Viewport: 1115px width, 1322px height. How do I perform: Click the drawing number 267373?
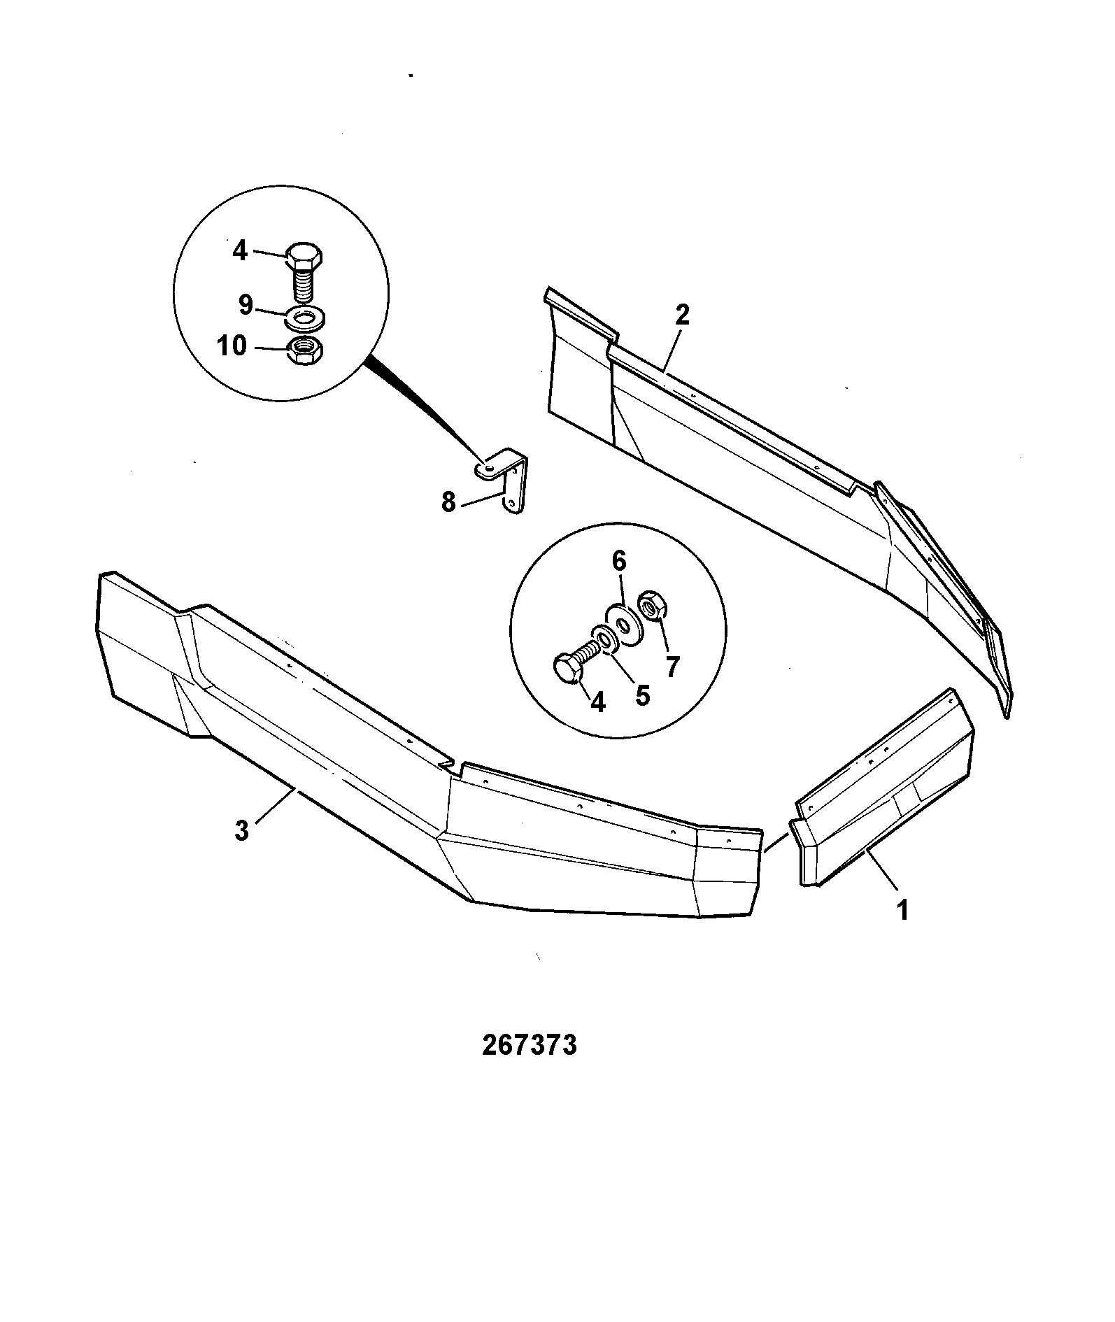pyautogui.click(x=529, y=1064)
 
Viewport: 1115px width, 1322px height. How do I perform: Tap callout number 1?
pyautogui.click(x=902, y=911)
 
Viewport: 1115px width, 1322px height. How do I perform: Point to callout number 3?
pyautogui.click(x=241, y=831)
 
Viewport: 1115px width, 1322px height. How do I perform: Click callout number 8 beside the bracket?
pyautogui.click(x=448, y=502)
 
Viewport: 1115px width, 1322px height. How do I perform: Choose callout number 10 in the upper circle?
pyautogui.click(x=232, y=346)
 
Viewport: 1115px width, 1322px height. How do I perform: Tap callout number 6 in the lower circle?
pyautogui.click(x=620, y=561)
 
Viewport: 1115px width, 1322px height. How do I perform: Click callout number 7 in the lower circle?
pyautogui.click(x=672, y=667)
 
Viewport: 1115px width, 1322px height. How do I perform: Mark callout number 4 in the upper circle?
pyautogui.click(x=240, y=250)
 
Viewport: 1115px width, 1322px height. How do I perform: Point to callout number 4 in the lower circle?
pyautogui.click(x=597, y=702)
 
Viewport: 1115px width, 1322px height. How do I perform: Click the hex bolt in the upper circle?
pyautogui.click(x=305, y=272)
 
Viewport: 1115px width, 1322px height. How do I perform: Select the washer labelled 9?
pyautogui.click(x=304, y=318)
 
